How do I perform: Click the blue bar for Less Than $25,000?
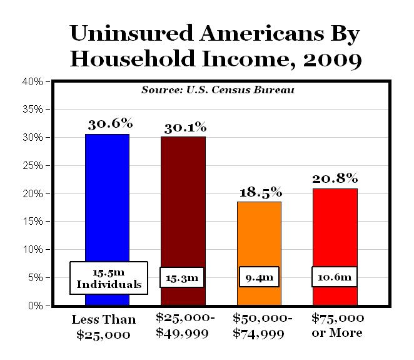point(107,200)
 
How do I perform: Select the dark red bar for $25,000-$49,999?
point(183,200)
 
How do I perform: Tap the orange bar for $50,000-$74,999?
point(259,238)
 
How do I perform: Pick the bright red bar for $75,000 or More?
point(335,232)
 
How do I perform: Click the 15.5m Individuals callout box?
point(109,278)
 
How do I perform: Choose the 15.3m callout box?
point(183,277)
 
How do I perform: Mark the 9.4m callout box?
point(259,277)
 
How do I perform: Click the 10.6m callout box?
point(335,277)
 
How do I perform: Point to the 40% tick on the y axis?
point(33,81)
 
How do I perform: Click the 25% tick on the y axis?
point(33,165)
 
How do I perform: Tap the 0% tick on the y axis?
point(36,306)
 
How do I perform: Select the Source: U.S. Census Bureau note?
point(218,90)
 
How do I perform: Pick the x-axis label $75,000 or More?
point(336,325)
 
